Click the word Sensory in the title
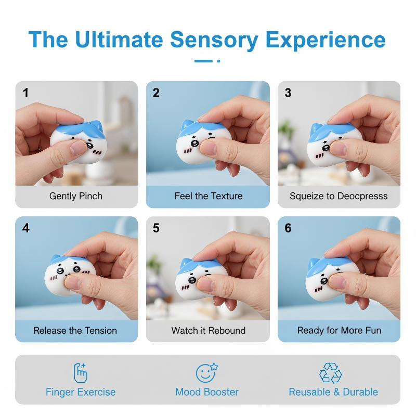click(214, 40)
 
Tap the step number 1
click(25, 93)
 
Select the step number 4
click(25, 228)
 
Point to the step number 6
click(288, 228)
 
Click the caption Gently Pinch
click(76, 196)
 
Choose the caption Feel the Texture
click(209, 196)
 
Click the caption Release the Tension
click(75, 331)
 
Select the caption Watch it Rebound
click(209, 331)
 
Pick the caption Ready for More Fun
click(339, 331)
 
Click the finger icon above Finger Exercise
click(81, 373)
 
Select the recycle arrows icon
click(330, 373)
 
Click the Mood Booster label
click(207, 392)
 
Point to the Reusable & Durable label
click(333, 392)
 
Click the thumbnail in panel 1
click(76, 134)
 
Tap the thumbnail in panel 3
click(339, 134)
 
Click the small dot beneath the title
click(218, 61)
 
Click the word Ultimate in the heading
click(119, 40)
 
